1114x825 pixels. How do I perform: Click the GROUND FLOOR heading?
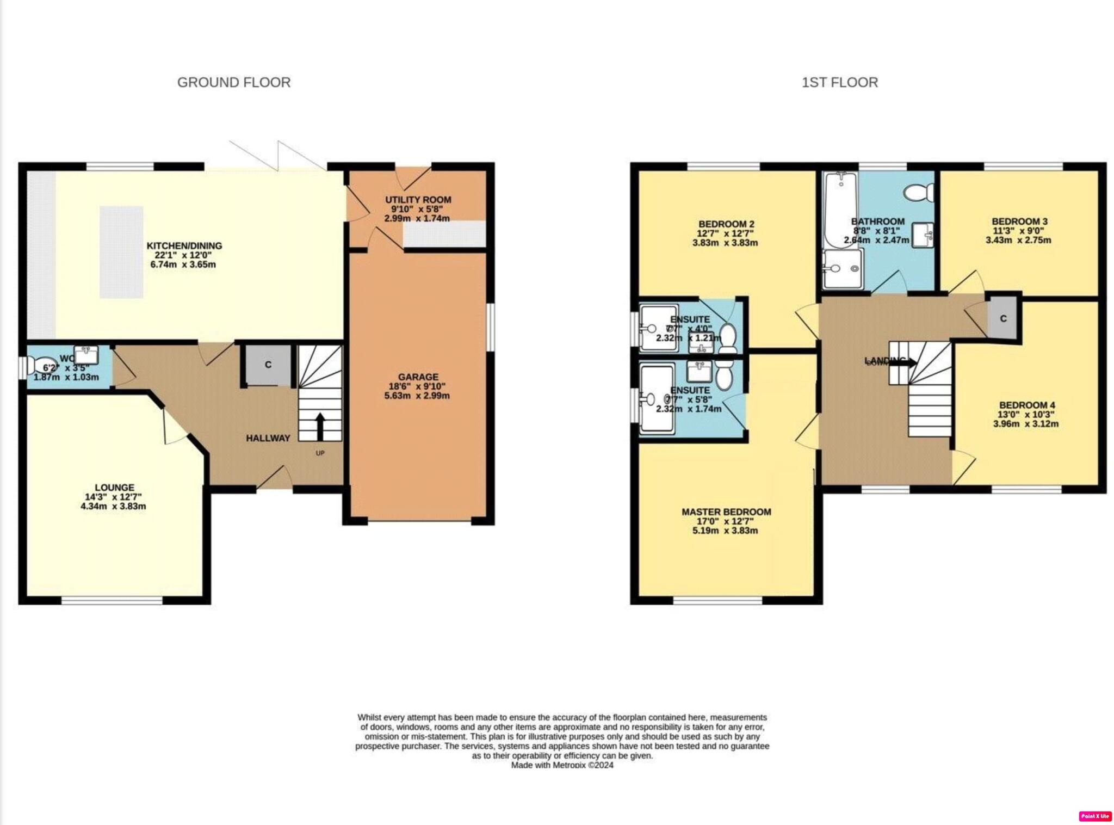[x=234, y=82]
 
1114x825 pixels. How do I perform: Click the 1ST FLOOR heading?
[x=839, y=82]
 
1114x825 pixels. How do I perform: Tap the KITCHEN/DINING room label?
[x=184, y=246]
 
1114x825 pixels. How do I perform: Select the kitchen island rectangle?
[x=121, y=252]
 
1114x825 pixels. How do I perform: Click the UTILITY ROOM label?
[x=418, y=200]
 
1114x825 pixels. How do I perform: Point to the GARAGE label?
[x=418, y=377]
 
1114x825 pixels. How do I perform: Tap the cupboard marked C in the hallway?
[x=268, y=365]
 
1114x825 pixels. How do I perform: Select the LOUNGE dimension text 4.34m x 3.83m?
[x=113, y=506]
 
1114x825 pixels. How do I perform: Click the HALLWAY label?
[x=268, y=438]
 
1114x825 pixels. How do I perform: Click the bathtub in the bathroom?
[x=841, y=210]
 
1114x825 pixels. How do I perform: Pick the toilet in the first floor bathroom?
[x=919, y=192]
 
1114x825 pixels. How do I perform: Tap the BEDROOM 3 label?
[x=1019, y=221]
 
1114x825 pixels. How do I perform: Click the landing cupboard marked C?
[x=1003, y=318]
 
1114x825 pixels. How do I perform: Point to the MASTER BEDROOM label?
[x=726, y=512]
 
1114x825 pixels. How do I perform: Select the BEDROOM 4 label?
[x=1026, y=405]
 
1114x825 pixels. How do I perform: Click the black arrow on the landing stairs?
[x=906, y=362]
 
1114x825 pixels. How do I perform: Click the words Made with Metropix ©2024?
[x=562, y=765]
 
